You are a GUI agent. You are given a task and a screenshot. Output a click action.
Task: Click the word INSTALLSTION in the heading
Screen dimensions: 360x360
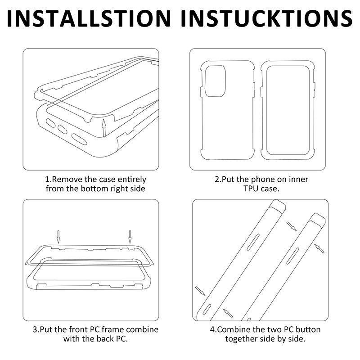[x=89, y=18]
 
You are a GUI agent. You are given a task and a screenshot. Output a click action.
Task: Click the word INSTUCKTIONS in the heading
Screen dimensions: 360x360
[x=267, y=18]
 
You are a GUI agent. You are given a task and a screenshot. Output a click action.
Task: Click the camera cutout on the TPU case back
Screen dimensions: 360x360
[x=215, y=81]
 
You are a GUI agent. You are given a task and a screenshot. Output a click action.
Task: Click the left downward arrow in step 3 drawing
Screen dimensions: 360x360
[x=58, y=237]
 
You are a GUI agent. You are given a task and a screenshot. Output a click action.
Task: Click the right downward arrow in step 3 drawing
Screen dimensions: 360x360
[x=130, y=237]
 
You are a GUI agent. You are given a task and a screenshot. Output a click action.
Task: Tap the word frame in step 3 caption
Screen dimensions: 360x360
[x=113, y=329]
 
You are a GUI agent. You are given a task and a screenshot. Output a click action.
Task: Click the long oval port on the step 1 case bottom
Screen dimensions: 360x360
[x=79, y=139]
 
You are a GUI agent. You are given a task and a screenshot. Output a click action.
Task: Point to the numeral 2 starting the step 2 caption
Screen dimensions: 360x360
[x=217, y=179]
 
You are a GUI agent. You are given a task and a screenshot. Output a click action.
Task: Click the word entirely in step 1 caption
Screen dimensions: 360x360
[x=132, y=180]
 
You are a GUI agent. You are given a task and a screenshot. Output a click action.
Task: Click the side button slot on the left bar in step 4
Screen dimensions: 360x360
[x=253, y=242]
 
